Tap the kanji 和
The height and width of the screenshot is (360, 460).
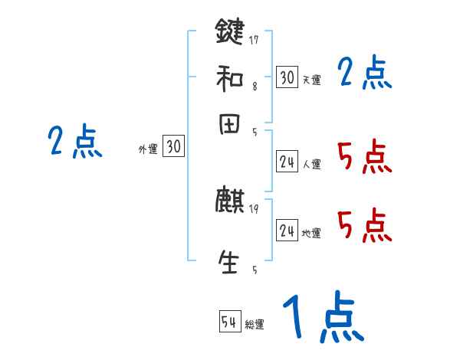tap(230, 77)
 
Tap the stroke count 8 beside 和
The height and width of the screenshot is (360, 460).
tap(254, 87)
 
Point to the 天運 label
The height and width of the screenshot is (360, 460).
tap(311, 80)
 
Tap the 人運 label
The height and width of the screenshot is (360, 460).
tap(311, 164)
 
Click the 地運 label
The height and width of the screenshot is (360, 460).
tap(311, 233)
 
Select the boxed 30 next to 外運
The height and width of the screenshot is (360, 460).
tap(174, 147)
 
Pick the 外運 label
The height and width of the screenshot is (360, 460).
tap(147, 149)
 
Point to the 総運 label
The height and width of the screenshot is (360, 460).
tap(255, 324)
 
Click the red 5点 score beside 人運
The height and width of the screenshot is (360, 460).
tap(364, 159)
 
